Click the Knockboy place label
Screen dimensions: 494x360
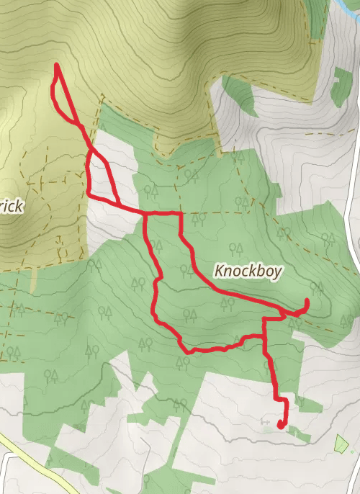[x=249, y=271]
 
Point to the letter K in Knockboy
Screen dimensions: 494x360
[x=220, y=271]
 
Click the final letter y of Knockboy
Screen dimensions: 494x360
[x=279, y=274]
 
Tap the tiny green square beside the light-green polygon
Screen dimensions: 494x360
[x=352, y=452]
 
